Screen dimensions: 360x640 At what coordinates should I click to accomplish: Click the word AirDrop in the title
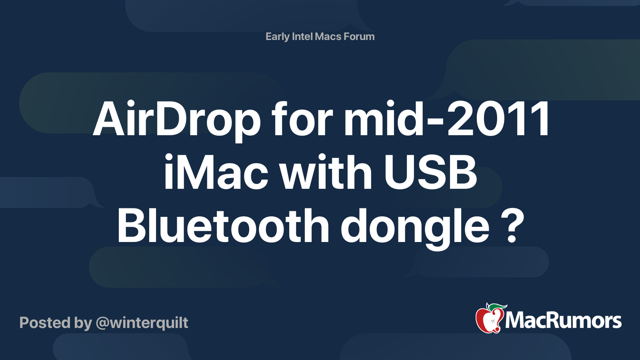click(176, 119)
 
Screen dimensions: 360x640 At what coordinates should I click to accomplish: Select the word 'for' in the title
click(302, 119)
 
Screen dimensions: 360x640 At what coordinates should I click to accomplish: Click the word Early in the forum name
click(277, 37)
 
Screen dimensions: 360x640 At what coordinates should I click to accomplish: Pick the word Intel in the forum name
click(302, 37)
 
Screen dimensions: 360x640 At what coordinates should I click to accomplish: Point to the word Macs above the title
click(328, 37)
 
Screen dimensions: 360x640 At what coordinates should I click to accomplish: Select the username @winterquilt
click(142, 323)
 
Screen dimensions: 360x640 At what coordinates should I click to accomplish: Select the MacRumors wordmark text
click(563, 321)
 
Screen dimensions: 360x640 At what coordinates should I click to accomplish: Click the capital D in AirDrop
click(168, 119)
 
